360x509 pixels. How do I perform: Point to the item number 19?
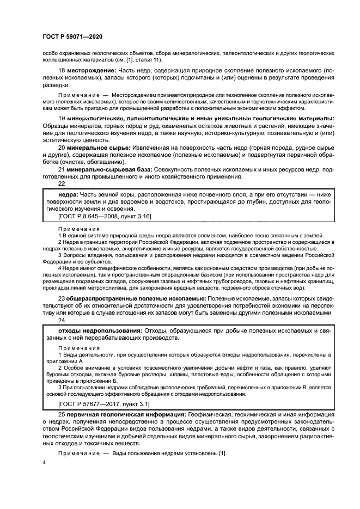click(x=62, y=118)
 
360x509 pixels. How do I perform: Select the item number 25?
click(x=62, y=415)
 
